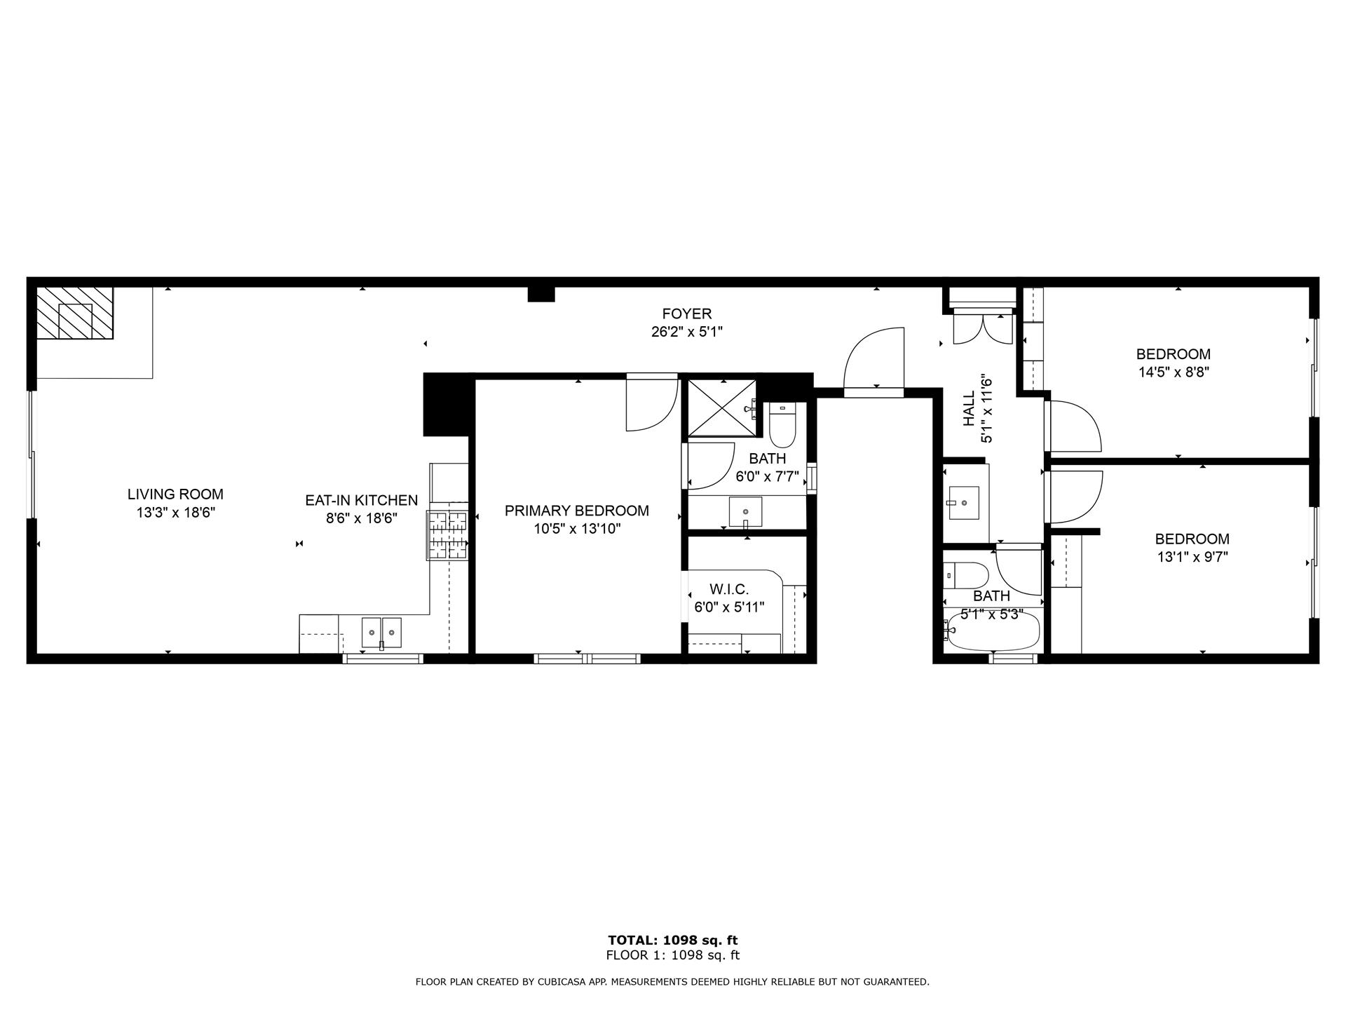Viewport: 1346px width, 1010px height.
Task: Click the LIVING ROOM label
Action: coord(175,494)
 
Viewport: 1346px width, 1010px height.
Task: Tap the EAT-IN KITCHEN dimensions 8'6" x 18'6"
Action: coord(361,519)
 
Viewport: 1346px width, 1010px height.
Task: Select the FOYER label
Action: coord(686,314)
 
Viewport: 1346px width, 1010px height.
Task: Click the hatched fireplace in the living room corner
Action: coord(75,313)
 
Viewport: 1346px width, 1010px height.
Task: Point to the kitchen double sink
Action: coord(381,632)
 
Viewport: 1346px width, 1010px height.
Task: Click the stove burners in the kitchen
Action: coord(447,535)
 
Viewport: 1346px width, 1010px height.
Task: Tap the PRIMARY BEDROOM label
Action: coord(576,511)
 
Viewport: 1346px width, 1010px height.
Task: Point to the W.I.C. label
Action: coord(729,589)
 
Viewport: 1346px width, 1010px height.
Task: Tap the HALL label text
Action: coord(969,408)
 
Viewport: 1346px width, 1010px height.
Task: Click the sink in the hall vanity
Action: coord(963,502)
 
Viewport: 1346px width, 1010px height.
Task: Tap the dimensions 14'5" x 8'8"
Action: coord(1173,372)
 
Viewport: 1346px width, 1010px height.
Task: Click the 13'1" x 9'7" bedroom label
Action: coord(1192,539)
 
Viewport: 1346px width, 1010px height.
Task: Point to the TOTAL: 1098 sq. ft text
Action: coord(672,941)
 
